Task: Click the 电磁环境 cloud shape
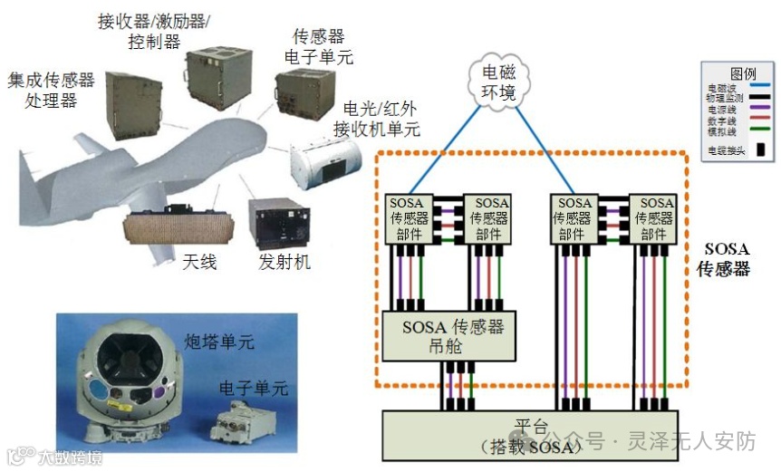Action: click(497, 81)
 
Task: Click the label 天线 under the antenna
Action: click(199, 262)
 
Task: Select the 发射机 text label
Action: click(284, 262)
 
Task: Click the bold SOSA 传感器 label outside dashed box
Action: click(723, 258)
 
